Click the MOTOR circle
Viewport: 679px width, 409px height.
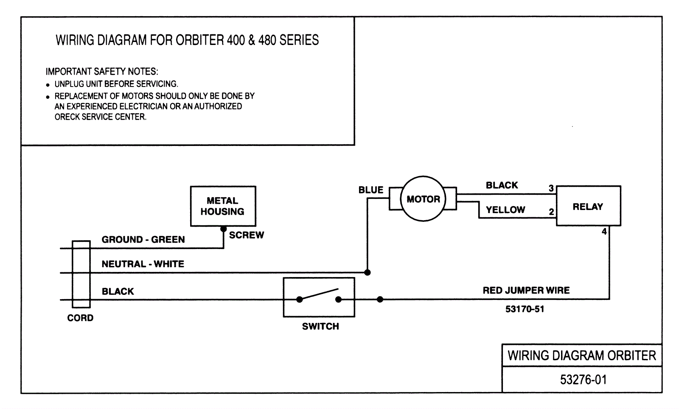click(x=423, y=199)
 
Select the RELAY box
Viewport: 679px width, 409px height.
click(x=588, y=206)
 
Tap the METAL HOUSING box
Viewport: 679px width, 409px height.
click(x=223, y=206)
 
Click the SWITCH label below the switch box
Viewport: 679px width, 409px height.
click(x=320, y=326)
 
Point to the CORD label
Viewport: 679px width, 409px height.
click(x=80, y=318)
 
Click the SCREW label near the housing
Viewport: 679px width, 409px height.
click(x=247, y=235)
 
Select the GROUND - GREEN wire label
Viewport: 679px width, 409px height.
click(x=143, y=239)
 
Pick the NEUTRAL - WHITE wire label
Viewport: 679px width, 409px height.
click(x=143, y=264)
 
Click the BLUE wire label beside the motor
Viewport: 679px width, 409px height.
click(x=370, y=190)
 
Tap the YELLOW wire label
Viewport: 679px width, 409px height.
click(x=505, y=210)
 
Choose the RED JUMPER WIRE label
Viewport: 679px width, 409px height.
click(x=526, y=290)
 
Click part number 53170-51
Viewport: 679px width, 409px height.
click(x=525, y=309)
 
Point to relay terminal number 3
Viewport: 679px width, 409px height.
click(x=551, y=188)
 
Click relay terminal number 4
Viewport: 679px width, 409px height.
click(x=604, y=232)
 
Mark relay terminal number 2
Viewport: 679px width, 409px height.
click(x=551, y=212)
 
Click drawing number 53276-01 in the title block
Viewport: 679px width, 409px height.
click(x=583, y=379)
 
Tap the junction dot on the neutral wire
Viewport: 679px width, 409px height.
click(x=368, y=272)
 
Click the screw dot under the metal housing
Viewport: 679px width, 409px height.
click(x=224, y=229)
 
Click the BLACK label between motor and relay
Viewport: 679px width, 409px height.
click(x=502, y=185)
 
